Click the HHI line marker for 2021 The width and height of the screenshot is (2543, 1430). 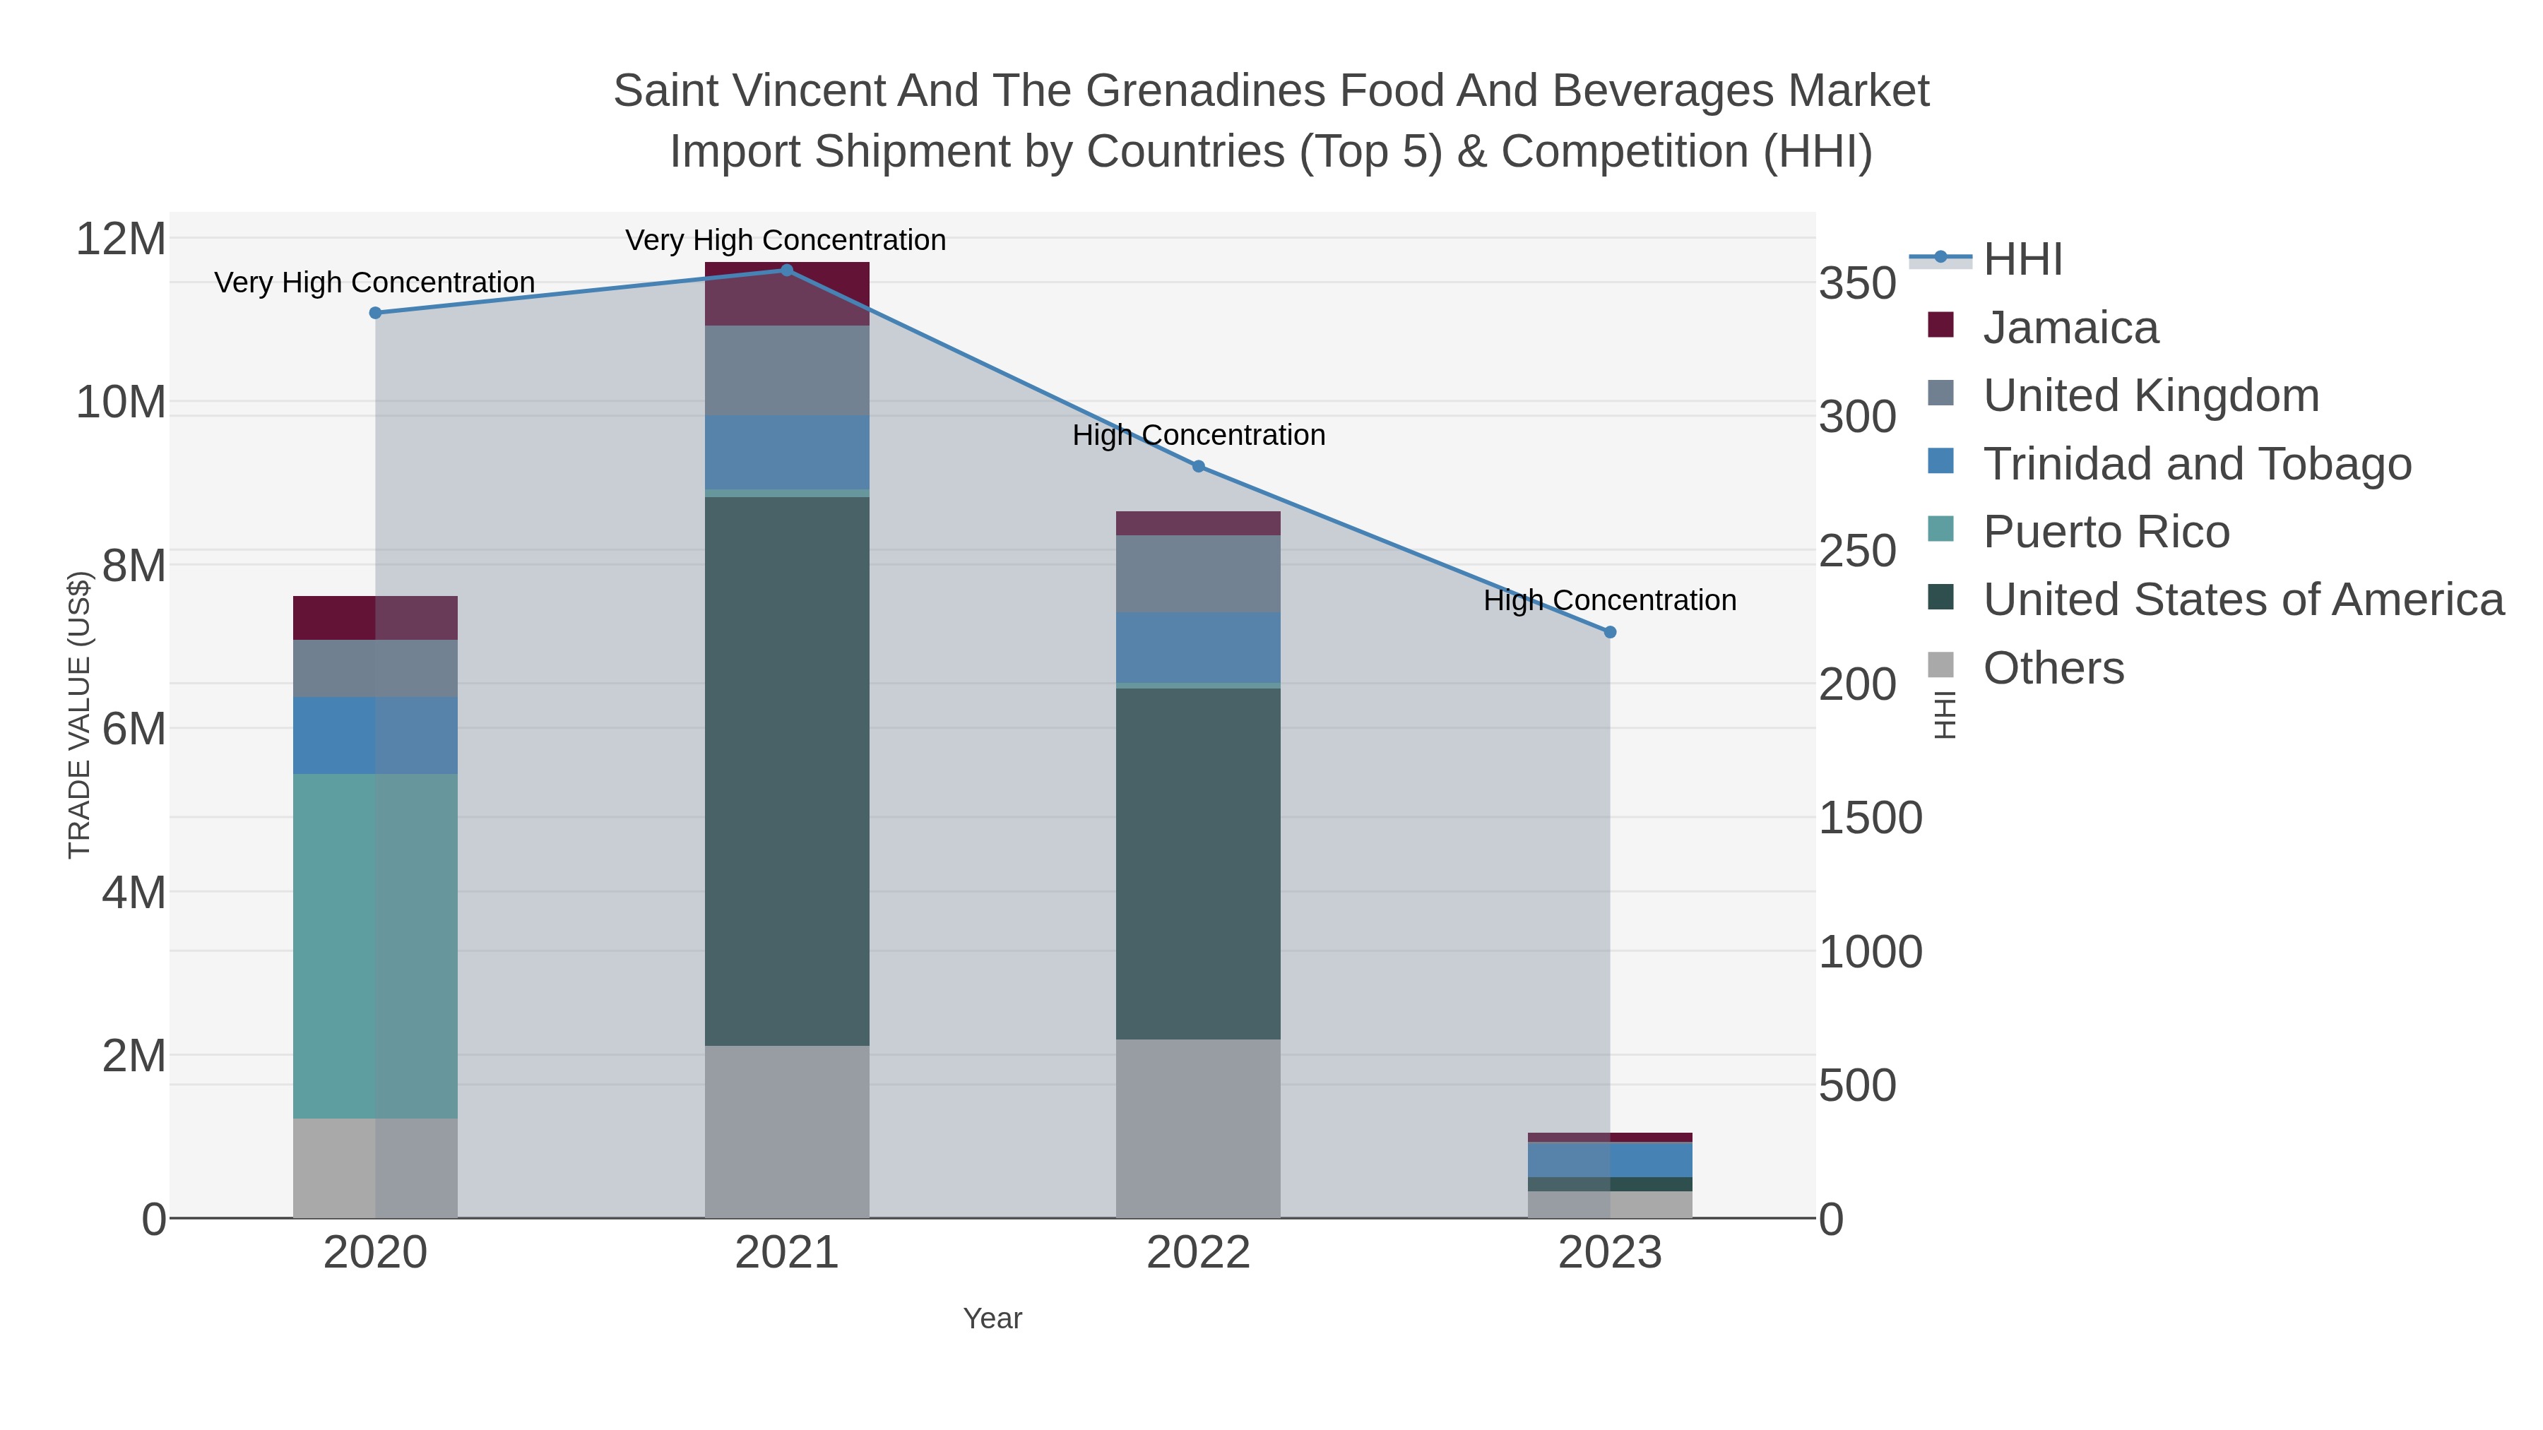(x=787, y=270)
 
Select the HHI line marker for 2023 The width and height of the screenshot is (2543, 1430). (x=1610, y=631)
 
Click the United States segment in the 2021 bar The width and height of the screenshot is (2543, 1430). (x=787, y=770)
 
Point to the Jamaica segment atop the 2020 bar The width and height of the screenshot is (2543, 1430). (x=375, y=618)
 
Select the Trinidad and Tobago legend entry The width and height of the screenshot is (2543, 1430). (x=2196, y=464)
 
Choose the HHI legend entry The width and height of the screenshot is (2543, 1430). (x=2022, y=260)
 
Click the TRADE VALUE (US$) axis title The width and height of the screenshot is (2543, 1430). (x=79, y=715)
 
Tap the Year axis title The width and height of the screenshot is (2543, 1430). (x=992, y=1318)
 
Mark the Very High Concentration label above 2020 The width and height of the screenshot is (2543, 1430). (x=374, y=282)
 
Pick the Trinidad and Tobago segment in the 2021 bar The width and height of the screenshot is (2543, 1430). (x=787, y=452)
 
